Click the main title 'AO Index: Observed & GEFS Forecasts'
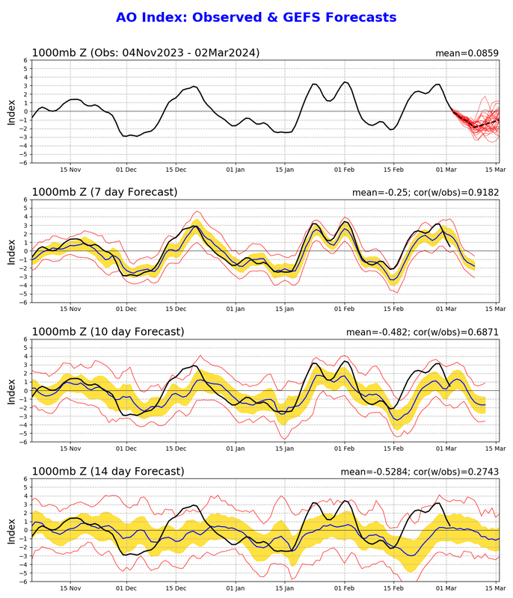click(x=256, y=16)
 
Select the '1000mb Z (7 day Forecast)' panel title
click(x=105, y=192)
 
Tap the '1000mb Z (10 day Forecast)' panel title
click(x=107, y=331)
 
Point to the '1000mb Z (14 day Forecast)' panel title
click(x=107, y=471)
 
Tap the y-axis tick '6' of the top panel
click(x=25, y=60)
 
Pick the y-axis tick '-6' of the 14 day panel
click(x=23, y=582)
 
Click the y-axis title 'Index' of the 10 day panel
click(x=10, y=390)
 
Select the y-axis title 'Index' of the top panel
click(x=10, y=111)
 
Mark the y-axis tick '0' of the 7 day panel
click(x=25, y=251)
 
